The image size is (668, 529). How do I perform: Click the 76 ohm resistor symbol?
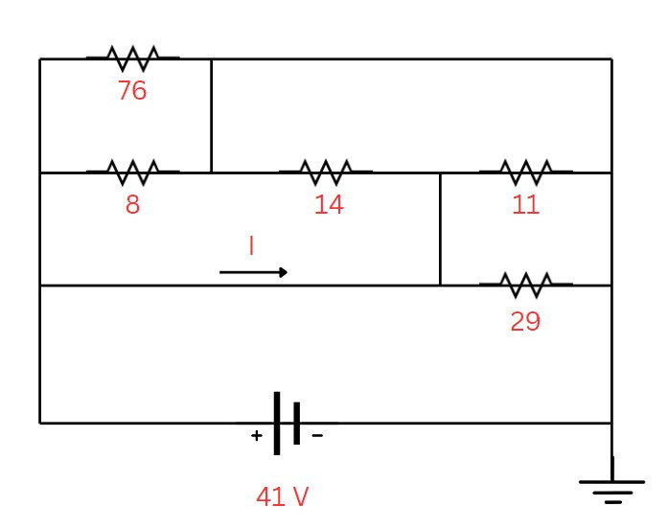click(x=132, y=58)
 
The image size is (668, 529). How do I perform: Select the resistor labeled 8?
click(x=132, y=172)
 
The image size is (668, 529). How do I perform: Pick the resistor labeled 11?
click(x=525, y=172)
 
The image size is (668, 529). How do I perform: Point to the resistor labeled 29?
click(x=525, y=285)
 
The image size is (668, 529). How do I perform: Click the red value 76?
click(x=132, y=91)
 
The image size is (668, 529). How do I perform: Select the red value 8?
click(x=132, y=205)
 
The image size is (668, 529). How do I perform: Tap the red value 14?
click(x=329, y=205)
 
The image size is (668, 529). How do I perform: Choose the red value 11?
click(x=525, y=205)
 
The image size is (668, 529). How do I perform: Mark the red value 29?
click(x=525, y=321)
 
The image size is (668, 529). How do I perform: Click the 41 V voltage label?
click(x=283, y=497)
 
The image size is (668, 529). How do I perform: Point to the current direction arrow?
click(x=253, y=272)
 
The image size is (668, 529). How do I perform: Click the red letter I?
click(x=251, y=246)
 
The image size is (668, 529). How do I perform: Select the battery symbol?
click(x=287, y=423)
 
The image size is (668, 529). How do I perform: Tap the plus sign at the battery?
click(x=257, y=436)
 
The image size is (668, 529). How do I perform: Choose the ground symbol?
click(x=612, y=489)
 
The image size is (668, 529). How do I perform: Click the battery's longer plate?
click(x=277, y=423)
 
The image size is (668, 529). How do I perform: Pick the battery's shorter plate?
click(x=297, y=423)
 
